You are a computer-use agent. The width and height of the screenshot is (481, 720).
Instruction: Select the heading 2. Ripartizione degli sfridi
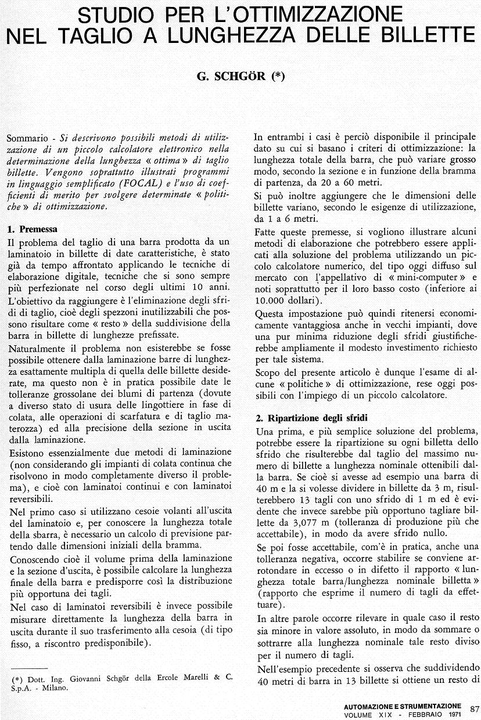pos(311,418)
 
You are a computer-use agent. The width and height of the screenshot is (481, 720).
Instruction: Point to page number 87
pos(474,708)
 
